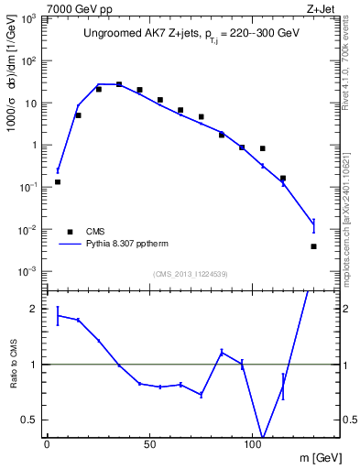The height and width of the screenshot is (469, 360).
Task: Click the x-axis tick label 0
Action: point(47,444)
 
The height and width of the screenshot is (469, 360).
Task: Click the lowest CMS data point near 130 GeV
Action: point(313,246)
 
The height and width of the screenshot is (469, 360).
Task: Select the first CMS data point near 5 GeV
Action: point(58,181)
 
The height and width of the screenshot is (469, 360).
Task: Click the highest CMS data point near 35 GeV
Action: point(119,84)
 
